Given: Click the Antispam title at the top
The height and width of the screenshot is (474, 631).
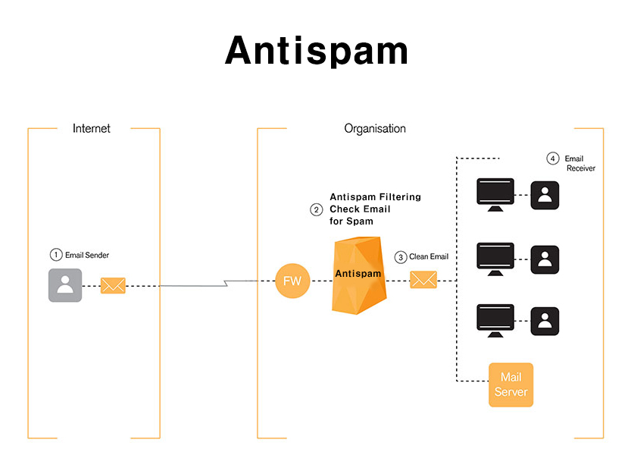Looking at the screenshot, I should (317, 51).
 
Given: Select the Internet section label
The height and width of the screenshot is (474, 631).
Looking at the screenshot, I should (92, 128).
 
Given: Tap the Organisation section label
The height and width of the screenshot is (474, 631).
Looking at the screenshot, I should (375, 128).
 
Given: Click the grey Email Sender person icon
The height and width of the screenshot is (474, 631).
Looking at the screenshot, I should (65, 285).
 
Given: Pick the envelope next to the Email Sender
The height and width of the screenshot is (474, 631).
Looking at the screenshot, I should (113, 285).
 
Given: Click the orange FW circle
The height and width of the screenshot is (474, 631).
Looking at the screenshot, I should (292, 281).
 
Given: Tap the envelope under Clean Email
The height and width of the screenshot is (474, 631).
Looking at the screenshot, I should (423, 280).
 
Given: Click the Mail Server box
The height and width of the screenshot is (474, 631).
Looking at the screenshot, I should (511, 385).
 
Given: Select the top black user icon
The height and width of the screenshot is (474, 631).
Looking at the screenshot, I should (545, 196).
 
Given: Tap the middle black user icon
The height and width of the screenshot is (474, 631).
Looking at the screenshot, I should (545, 259).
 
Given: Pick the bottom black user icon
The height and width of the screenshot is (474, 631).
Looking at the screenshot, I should (545, 321).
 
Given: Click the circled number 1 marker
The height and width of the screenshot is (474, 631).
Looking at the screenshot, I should (55, 255).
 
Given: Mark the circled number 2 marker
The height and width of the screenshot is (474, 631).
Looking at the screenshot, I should (317, 209).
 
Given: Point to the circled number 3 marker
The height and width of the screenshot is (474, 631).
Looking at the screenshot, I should (401, 257).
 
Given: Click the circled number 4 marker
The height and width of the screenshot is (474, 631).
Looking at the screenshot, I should (553, 159).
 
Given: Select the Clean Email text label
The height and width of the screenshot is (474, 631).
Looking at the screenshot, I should (429, 257).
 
